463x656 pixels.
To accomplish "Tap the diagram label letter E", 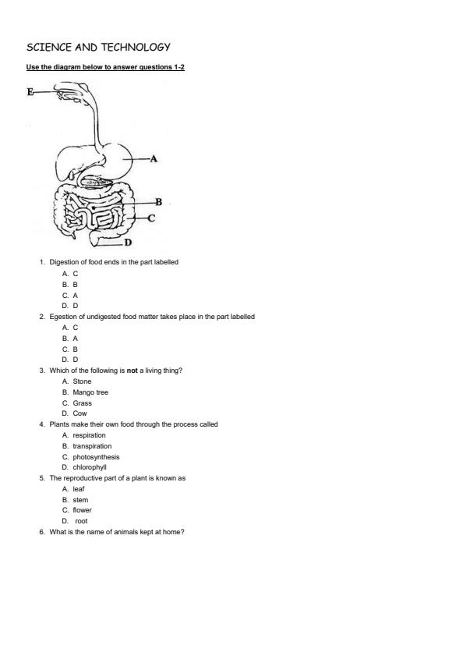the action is (30, 91).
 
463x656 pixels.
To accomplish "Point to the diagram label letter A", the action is (154, 159).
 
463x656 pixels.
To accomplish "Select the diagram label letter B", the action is (158, 202).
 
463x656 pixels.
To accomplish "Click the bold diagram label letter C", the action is (151, 218).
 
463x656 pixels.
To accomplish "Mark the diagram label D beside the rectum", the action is (128, 243).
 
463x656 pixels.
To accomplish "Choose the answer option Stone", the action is (82, 381).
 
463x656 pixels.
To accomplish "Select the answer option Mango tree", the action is (90, 392).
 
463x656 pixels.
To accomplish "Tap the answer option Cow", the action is (80, 413).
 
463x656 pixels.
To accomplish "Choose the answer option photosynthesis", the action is (96, 457).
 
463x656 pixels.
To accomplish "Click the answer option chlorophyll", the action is (90, 467).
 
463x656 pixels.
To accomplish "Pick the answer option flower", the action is (82, 510).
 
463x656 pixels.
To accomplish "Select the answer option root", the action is (81, 521).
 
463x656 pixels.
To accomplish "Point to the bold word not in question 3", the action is (133, 371).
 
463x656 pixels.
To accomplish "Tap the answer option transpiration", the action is (92, 446).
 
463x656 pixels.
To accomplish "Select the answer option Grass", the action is (82, 403).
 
